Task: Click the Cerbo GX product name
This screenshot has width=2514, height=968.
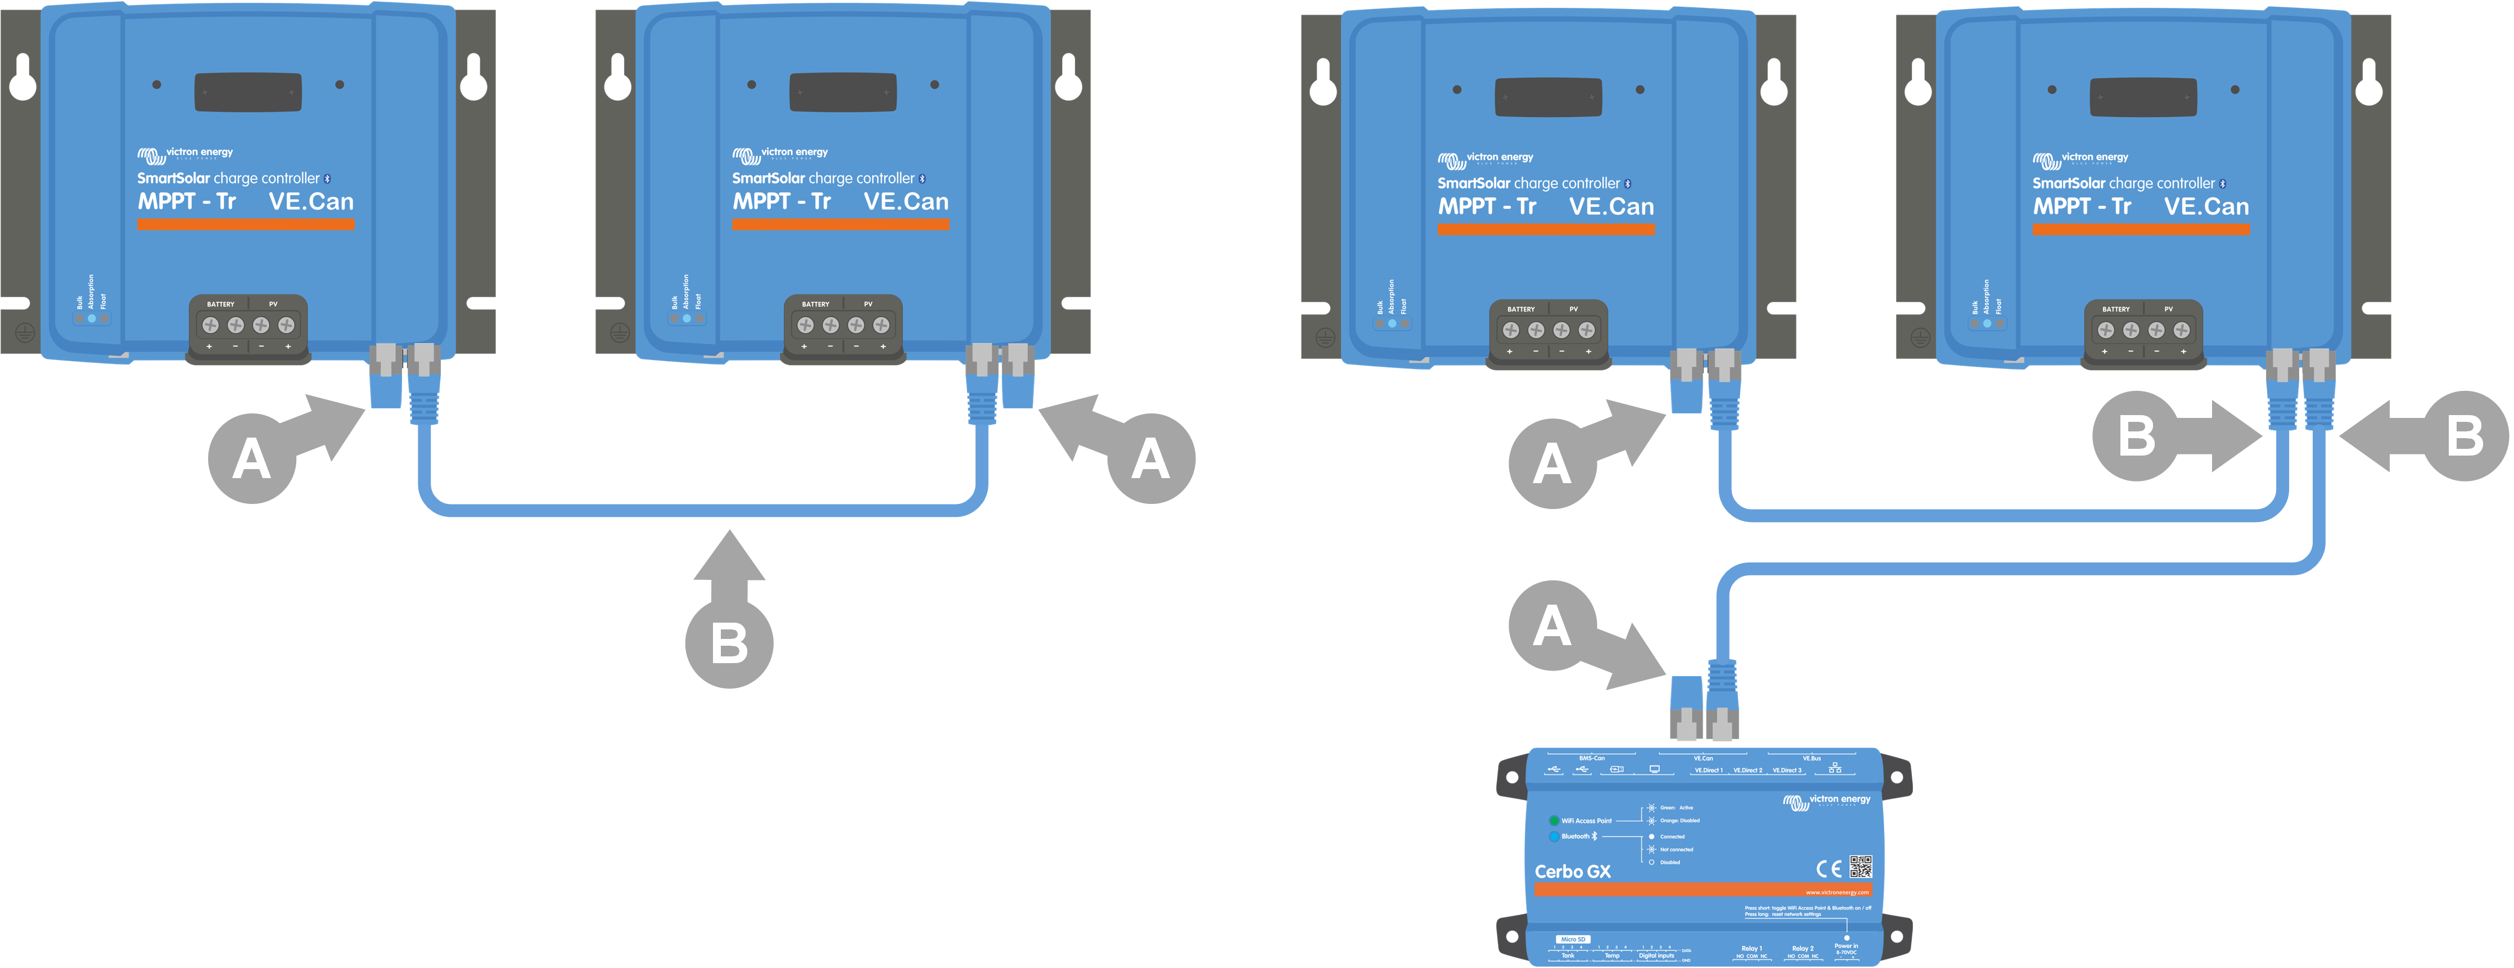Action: tap(1572, 871)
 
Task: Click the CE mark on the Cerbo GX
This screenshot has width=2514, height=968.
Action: tap(1828, 868)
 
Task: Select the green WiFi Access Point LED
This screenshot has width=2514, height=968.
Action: tap(1554, 821)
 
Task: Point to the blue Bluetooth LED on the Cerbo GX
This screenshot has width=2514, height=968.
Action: tap(1554, 836)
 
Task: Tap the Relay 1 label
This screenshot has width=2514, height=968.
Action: tap(1751, 948)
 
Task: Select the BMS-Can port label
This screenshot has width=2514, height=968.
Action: tap(1592, 758)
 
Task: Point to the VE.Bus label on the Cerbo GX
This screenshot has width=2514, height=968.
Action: tap(1811, 758)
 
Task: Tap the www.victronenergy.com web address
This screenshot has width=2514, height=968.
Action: tap(1836, 892)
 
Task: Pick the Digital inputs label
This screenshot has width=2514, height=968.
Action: tap(1655, 955)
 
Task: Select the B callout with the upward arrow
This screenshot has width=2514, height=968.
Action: tap(729, 643)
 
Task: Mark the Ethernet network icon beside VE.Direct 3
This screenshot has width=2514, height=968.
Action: tap(1835, 769)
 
